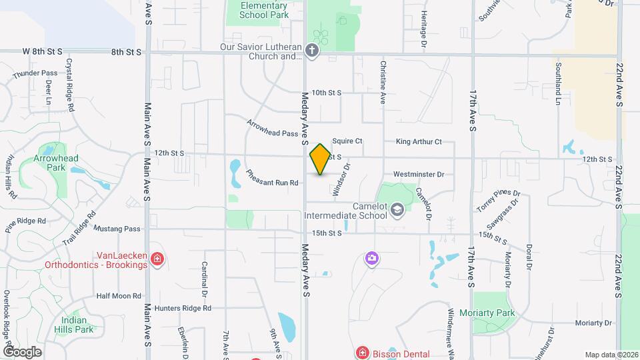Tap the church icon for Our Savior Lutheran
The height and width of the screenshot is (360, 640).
(311, 50)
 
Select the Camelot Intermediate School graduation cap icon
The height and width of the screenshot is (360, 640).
(397, 211)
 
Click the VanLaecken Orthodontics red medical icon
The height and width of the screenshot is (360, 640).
(157, 258)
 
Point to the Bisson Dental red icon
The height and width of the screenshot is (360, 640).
(362, 352)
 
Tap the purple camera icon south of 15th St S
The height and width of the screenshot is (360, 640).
(372, 257)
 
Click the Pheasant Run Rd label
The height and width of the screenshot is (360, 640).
(272, 177)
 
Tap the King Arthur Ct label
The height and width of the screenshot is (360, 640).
(419, 141)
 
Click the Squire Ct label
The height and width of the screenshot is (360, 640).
(347, 141)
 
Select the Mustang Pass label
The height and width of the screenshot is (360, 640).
(117, 229)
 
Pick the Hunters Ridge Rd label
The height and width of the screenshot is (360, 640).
(183, 308)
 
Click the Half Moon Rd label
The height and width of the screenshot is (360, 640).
(119, 295)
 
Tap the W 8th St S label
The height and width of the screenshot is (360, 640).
(42, 51)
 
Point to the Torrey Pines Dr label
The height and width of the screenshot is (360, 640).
(498, 198)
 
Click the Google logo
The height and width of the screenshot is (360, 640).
(22, 351)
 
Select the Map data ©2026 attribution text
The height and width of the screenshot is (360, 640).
(611, 355)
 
